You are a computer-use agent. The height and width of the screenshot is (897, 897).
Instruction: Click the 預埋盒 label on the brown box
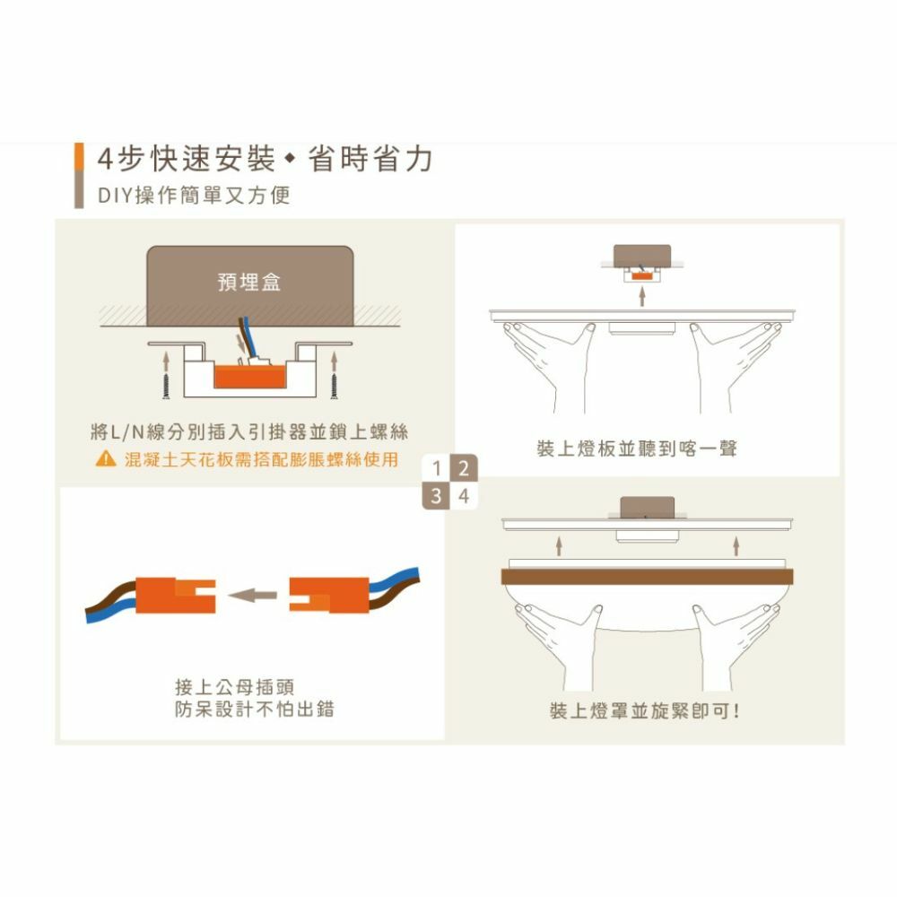coord(248,282)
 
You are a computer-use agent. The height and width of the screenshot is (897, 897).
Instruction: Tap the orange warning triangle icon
coord(106,458)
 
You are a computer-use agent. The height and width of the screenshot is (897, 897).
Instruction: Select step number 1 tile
coord(437,468)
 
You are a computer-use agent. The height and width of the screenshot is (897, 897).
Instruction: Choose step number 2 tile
coord(464,468)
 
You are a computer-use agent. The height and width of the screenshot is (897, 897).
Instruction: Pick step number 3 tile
coord(437,496)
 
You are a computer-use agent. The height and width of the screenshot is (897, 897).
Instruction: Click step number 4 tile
coord(464,496)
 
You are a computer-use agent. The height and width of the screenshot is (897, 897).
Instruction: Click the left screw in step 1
coord(166,386)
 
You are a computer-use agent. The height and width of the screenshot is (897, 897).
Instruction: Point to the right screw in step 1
coord(334,386)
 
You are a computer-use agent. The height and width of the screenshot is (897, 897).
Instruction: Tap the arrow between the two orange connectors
coord(252,596)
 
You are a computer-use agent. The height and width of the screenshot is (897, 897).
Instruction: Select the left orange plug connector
coord(176,596)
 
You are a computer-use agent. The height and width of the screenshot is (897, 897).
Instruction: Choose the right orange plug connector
coord(329,596)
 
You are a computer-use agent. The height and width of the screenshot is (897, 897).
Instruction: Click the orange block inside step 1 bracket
coord(249,375)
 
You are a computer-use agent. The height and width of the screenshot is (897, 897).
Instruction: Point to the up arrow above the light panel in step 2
coord(642,296)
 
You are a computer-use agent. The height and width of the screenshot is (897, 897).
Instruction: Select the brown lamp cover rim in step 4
coord(647,577)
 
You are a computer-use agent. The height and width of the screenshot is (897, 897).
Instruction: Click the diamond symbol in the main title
coord(290,159)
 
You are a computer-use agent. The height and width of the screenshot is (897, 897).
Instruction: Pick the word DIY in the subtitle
coord(116,196)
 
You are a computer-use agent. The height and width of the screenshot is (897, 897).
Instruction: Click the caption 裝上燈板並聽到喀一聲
coord(637,448)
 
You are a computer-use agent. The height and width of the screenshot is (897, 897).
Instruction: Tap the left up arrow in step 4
coord(559,545)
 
